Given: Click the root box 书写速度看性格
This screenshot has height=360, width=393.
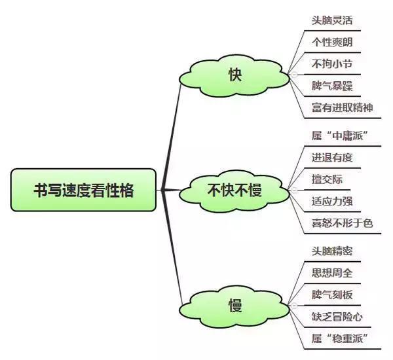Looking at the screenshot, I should (84, 190).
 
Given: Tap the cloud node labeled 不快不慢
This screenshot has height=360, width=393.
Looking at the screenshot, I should (234, 190).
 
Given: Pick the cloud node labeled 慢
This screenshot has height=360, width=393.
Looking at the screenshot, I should (234, 305).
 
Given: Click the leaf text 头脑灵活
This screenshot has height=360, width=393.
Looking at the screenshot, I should (333, 20).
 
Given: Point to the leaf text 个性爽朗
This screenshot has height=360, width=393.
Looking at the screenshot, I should (333, 42).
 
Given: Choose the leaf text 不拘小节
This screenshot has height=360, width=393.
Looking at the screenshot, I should (333, 63).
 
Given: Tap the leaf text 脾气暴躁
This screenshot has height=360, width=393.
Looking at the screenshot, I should (333, 85).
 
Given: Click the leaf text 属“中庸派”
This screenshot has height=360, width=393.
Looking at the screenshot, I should (339, 135).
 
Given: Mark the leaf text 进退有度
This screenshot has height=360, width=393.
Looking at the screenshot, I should (333, 157).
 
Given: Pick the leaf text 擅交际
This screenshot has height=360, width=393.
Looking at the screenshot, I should (327, 179).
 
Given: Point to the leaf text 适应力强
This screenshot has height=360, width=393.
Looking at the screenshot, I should (333, 201).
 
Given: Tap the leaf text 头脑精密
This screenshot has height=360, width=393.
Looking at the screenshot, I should (333, 251).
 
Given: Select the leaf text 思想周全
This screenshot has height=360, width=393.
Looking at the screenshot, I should (333, 272).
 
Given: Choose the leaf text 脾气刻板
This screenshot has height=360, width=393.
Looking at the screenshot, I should (333, 294).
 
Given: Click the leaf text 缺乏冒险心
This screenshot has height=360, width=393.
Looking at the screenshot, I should (338, 316).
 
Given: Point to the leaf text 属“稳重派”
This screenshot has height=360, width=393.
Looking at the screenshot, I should (339, 338).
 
